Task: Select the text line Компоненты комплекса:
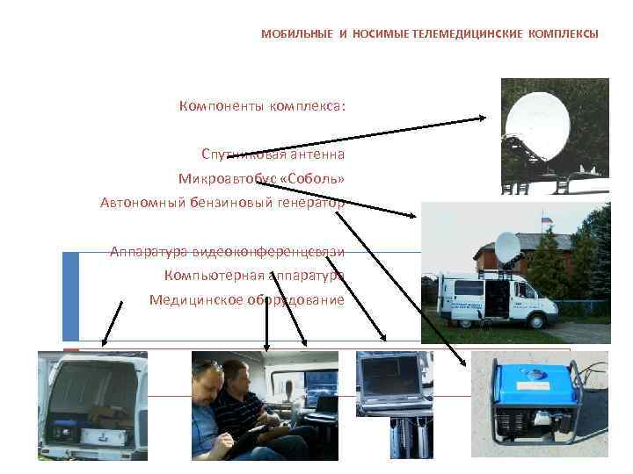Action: tap(262, 106)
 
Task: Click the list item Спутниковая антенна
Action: tap(273, 154)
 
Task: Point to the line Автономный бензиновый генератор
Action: tap(222, 203)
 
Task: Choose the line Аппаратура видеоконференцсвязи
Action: tap(227, 252)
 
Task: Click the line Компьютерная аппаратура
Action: tap(254, 276)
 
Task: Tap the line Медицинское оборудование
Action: tap(246, 299)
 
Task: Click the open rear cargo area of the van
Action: tap(91, 399)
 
